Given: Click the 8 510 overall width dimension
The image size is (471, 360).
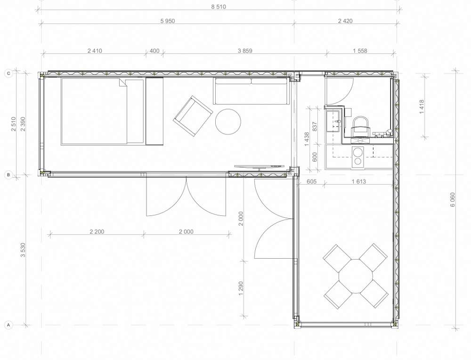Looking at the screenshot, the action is tap(219, 7).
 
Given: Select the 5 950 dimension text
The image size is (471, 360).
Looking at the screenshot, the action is tap(168, 21).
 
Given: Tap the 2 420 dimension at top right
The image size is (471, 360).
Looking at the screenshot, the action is tap(345, 21).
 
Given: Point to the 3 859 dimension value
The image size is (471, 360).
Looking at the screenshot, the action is tap(245, 51).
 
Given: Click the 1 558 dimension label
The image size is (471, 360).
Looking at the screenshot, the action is tap(360, 51).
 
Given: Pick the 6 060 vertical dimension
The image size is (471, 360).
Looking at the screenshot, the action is tap(453, 199).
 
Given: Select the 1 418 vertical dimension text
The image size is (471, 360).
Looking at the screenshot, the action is tap(422, 106).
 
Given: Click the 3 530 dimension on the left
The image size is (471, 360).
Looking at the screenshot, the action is tap(23, 250).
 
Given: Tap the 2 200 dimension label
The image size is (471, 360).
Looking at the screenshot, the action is tap(97, 232).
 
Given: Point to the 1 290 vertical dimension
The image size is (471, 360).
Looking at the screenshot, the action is tap(241, 288).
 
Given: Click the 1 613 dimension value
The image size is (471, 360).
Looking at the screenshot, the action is tap(358, 181).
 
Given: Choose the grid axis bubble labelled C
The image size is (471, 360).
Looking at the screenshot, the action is tap(8, 74).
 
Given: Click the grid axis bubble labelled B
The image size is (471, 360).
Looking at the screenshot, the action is tap(8, 175).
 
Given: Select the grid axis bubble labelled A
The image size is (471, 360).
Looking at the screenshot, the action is tap(8, 325).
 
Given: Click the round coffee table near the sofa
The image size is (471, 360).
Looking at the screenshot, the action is tap(228, 122).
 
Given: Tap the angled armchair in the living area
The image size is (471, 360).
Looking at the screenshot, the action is tap(193, 116).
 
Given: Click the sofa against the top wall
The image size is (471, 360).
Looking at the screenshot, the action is tap(252, 91).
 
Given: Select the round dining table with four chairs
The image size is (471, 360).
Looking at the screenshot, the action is tap(356, 276).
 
